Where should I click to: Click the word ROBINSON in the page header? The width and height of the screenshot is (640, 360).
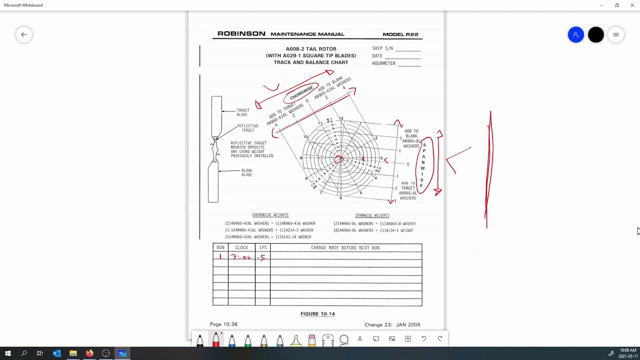[x=241, y=34]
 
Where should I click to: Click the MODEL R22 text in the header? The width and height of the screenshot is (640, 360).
[x=400, y=34]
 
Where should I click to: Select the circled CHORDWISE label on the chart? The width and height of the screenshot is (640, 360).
[x=301, y=92]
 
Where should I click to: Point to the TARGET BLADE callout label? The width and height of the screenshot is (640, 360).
[x=242, y=112]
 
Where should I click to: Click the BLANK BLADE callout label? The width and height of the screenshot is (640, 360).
[x=246, y=172]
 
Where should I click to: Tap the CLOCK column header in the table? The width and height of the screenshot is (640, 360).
[x=241, y=247]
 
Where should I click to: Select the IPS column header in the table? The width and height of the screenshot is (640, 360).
[x=262, y=247]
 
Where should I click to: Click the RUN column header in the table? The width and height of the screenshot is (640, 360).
[x=220, y=247]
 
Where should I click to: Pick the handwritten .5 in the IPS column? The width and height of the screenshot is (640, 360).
[x=261, y=257]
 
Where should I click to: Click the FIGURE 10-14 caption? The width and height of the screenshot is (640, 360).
[x=317, y=314]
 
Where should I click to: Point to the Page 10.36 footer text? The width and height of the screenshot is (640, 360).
[x=223, y=324]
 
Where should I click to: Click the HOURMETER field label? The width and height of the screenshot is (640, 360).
[x=383, y=63]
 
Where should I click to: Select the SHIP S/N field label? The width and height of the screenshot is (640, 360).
[x=382, y=48]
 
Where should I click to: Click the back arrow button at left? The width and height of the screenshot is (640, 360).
[x=24, y=34]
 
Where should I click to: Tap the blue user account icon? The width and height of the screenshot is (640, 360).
[x=575, y=34]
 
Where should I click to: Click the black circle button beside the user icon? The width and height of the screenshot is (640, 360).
[x=595, y=34]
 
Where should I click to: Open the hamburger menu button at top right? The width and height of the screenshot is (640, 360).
[x=616, y=34]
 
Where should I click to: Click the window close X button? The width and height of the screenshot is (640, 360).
[x=632, y=5]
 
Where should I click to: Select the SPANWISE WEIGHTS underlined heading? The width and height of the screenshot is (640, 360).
[x=372, y=215]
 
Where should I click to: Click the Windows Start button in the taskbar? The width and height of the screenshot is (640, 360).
[x=7, y=353]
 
